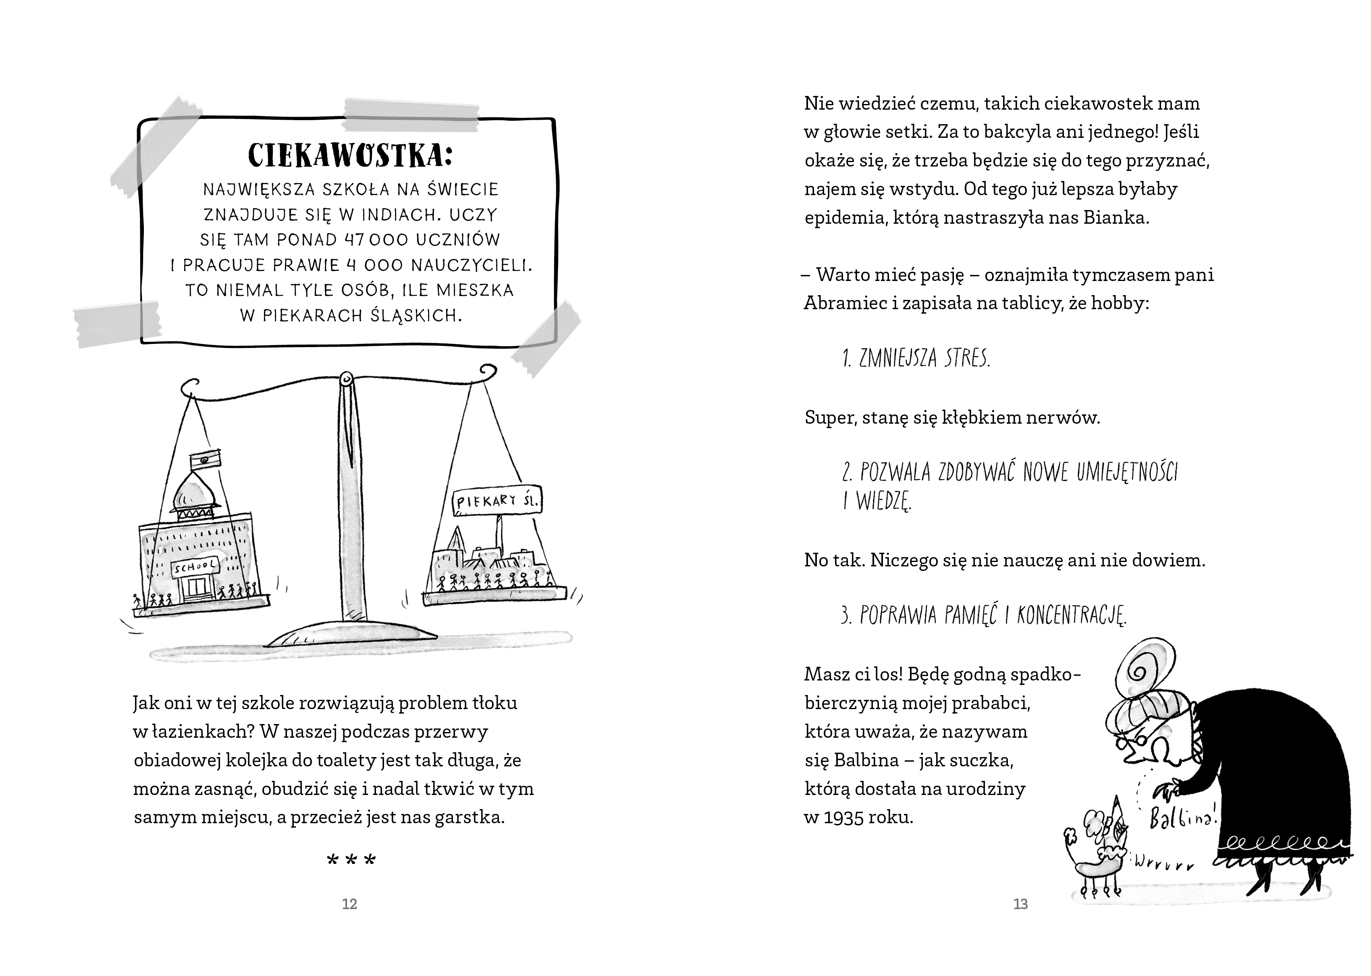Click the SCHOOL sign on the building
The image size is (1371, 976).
[196, 567]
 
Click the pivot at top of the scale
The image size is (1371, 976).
[347, 380]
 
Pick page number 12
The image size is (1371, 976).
[350, 904]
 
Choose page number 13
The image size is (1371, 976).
[1021, 904]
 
